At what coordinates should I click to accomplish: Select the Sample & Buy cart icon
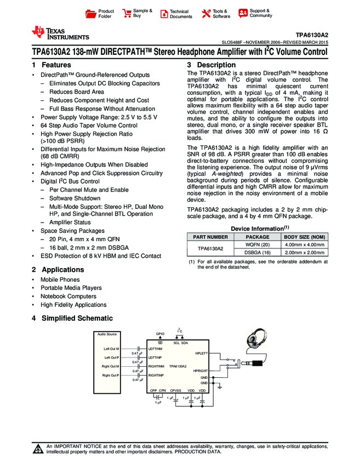[127, 13]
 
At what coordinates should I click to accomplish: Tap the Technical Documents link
[181, 14]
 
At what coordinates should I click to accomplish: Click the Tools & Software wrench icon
[207, 13]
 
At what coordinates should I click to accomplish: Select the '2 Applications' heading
[58, 270]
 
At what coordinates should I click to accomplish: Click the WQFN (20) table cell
[258, 244]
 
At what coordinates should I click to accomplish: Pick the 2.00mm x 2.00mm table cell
[305, 253]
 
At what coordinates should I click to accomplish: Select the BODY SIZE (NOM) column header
[305, 237]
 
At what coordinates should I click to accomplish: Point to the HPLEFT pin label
[201, 354]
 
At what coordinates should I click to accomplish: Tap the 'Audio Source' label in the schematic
[107, 334]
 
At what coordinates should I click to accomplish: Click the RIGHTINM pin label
[156, 366]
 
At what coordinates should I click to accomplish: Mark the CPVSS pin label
[175, 390]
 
